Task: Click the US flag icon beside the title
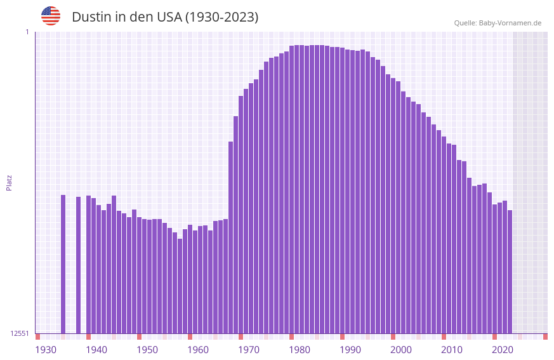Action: point(51,16)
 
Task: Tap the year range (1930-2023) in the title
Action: point(221,17)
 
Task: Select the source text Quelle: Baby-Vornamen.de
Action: point(498,23)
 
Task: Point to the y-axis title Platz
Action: point(9,182)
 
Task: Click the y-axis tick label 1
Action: point(27,32)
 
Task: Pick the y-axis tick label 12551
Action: point(20,333)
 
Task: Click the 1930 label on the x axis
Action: point(46,349)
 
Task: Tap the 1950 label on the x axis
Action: point(147,349)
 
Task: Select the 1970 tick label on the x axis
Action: point(249,349)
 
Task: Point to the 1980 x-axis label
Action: point(300,349)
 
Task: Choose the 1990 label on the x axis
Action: point(350,349)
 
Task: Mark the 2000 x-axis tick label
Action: point(401,349)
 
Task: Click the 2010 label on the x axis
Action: point(452,349)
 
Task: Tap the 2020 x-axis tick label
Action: point(503,349)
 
